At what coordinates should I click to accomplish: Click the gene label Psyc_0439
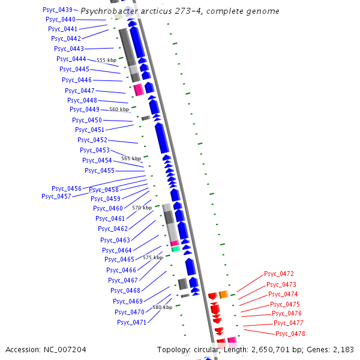pyautogui.click(x=58, y=10)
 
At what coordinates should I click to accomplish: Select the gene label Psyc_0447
pyautogui.click(x=80, y=91)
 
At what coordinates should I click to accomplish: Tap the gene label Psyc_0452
pyautogui.click(x=92, y=140)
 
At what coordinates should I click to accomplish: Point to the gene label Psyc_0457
pyautogui.click(x=56, y=196)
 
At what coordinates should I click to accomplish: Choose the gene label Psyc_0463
pyautogui.click(x=115, y=240)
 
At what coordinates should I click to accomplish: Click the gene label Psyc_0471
pyautogui.click(x=131, y=322)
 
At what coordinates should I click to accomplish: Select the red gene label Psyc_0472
pyautogui.click(x=279, y=274)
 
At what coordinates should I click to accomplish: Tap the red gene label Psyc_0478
pyautogui.click(x=290, y=334)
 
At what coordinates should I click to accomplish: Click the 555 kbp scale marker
pyautogui.click(x=107, y=61)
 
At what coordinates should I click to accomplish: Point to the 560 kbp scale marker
pyautogui.click(x=119, y=110)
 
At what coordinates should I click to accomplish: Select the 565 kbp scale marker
pyautogui.click(x=131, y=158)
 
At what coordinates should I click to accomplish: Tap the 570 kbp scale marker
pyautogui.click(x=142, y=208)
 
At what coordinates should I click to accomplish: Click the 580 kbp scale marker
pyautogui.click(x=162, y=307)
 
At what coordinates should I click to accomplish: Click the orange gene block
pyautogui.click(x=223, y=294)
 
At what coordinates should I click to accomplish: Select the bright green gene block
pyautogui.click(x=175, y=248)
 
